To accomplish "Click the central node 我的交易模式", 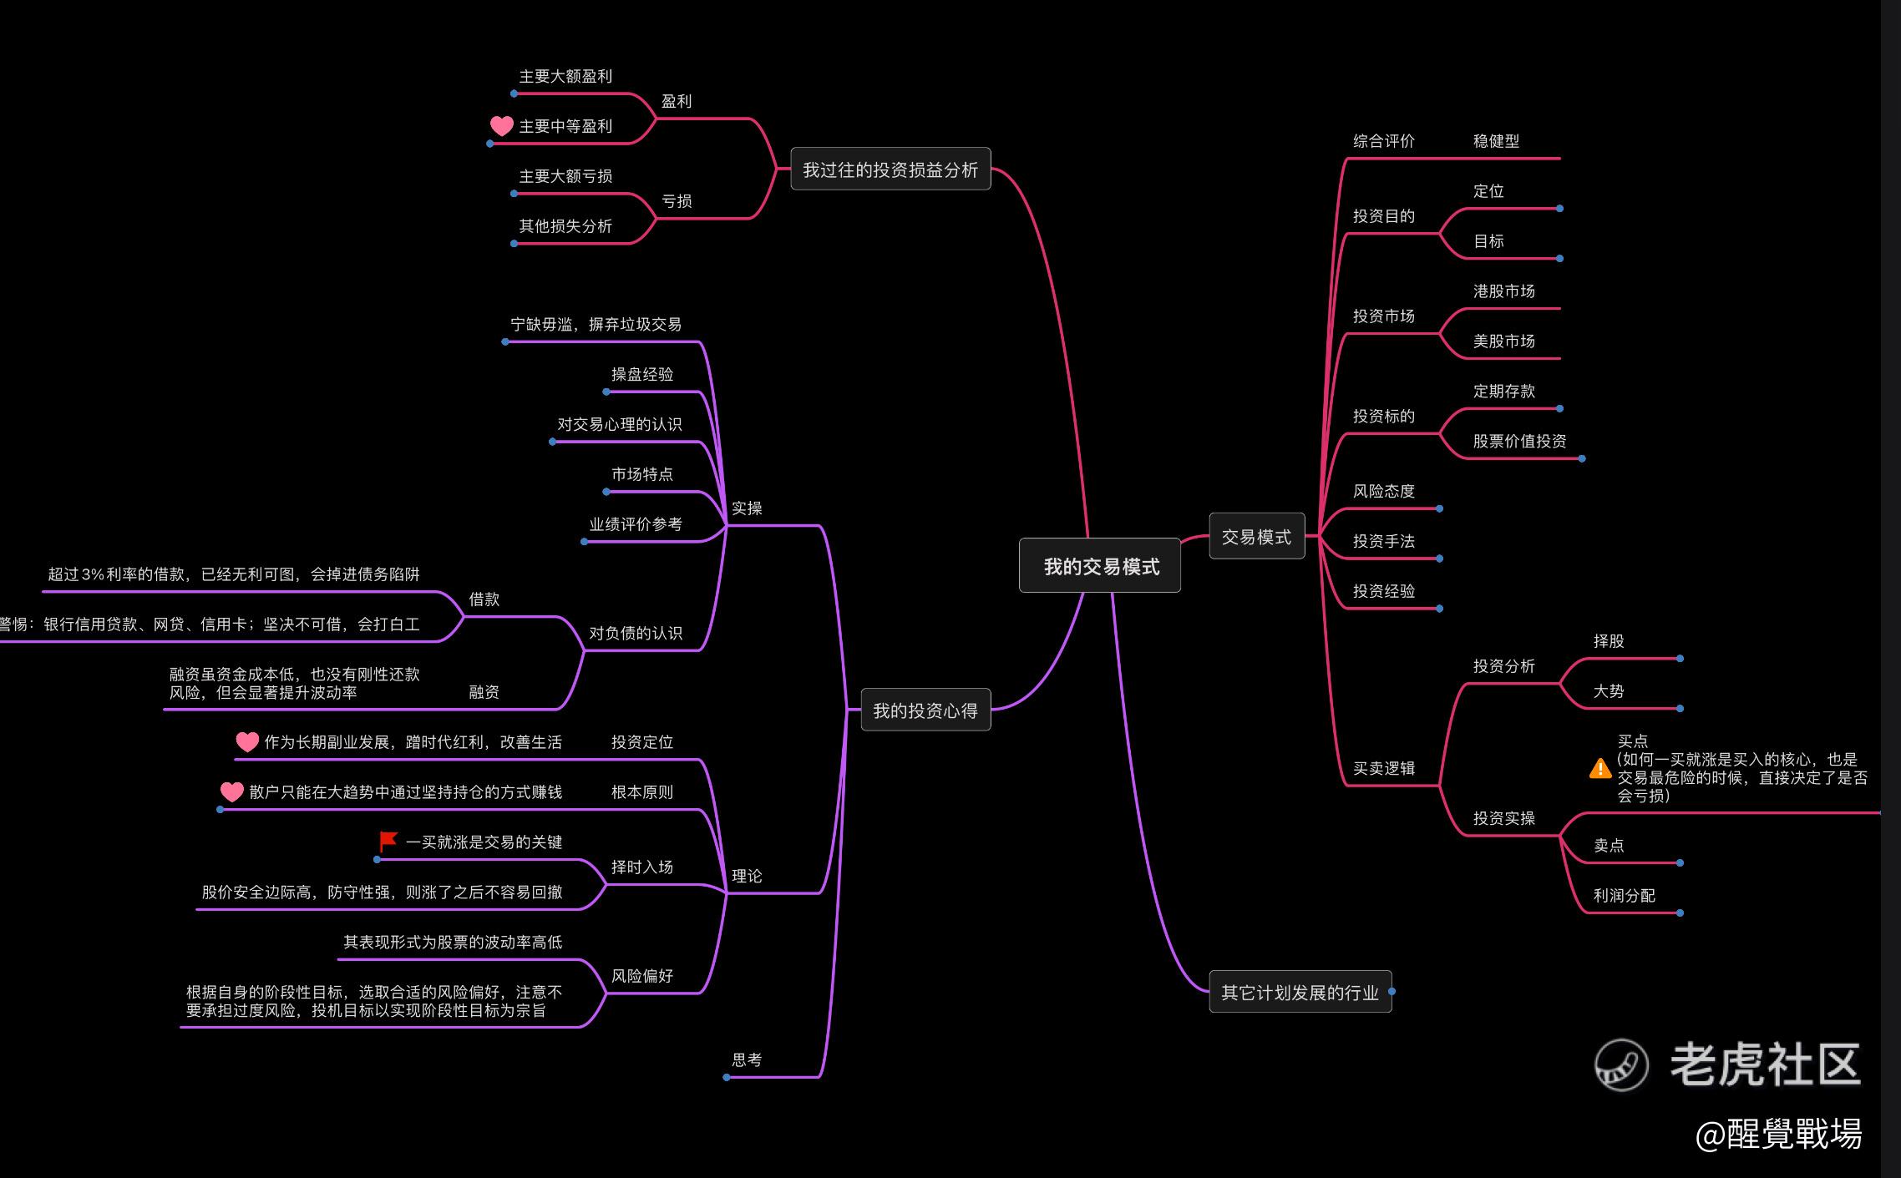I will tap(1100, 567).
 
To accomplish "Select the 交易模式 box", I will tap(1256, 537).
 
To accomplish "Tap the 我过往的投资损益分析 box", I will tap(890, 169).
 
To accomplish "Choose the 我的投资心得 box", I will tap(925, 710).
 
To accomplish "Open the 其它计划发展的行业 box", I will tap(1300, 992).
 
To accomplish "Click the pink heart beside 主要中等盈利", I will tap(501, 126).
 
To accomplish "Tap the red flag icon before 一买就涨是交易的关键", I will tap(388, 841).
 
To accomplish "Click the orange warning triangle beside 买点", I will tap(1599, 768).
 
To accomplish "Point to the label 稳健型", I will tap(1496, 141).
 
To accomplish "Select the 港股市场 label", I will tap(1503, 291).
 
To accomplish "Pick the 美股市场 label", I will tap(1503, 341).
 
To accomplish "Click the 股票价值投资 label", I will tap(1519, 442).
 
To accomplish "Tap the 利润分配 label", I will tap(1624, 896).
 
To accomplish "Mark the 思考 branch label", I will tap(746, 1059).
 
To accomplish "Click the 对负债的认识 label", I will tap(635, 633).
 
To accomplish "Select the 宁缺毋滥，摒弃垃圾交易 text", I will tap(596, 325).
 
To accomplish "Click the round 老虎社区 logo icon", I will tap(1621, 1064).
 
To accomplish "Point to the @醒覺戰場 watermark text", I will tap(1778, 1134).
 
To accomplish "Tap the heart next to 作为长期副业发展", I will tap(247, 741).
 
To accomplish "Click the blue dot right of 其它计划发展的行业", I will tap(1392, 992).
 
